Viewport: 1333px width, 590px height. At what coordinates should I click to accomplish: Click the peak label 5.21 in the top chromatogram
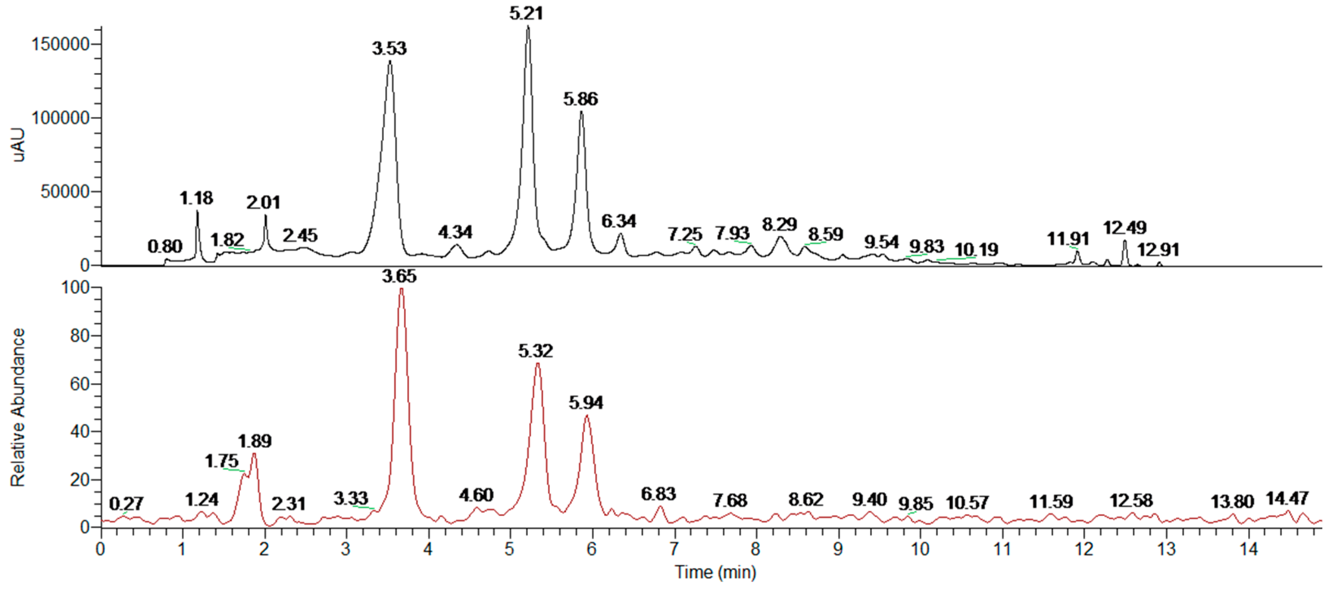coord(526,13)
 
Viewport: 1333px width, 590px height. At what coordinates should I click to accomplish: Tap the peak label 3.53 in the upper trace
coord(389,49)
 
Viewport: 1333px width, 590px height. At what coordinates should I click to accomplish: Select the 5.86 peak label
coord(581,99)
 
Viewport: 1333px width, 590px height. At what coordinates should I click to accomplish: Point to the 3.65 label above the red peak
coord(399,277)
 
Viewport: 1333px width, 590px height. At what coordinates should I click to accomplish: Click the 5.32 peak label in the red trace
coord(536,351)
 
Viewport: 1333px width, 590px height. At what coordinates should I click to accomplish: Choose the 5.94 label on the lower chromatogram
coord(586,403)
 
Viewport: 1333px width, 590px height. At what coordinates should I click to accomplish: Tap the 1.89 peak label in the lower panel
coord(255,441)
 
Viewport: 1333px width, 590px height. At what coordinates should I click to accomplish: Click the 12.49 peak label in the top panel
coord(1124,228)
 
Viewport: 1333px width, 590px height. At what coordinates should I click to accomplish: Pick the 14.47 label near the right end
coord(1287,499)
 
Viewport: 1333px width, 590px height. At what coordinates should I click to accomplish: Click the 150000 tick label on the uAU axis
coord(61,44)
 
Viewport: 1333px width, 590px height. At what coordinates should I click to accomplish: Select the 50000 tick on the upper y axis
coord(65,192)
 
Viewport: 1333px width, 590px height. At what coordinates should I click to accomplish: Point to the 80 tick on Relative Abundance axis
coord(80,336)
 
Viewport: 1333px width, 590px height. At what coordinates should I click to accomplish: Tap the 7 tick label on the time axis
coord(673,549)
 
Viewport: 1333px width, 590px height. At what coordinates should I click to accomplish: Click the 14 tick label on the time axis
coord(1248,549)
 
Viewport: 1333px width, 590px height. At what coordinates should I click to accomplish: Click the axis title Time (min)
coord(715,573)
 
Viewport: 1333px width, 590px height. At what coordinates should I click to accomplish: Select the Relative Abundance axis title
coord(18,408)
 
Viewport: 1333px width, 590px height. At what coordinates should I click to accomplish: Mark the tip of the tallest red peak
coord(401,288)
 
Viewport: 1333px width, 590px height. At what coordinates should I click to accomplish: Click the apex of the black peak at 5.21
coord(528,26)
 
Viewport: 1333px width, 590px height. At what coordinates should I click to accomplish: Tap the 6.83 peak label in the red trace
coord(658,495)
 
